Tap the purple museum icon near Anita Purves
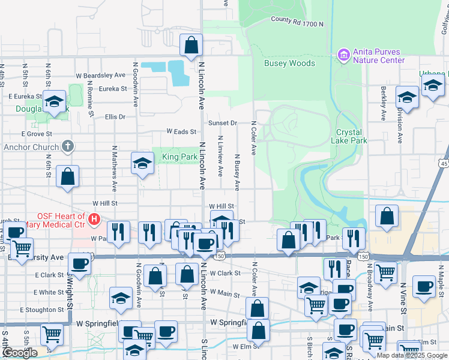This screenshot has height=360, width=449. tap(344, 56)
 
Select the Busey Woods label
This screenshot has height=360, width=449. tap(289, 63)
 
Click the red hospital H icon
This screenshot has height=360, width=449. tap(94, 220)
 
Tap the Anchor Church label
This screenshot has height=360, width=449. tap(31, 146)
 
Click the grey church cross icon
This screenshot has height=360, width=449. tap(68, 146)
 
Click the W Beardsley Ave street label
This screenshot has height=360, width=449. tap(100, 76)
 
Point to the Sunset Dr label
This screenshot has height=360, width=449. tap(223, 123)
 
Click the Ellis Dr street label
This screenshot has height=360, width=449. tap(115, 117)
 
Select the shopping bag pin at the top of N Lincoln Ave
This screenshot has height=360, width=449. tap(191, 44)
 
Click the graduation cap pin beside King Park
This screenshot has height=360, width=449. tap(142, 163)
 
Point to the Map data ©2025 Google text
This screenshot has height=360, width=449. tap(412, 355)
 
